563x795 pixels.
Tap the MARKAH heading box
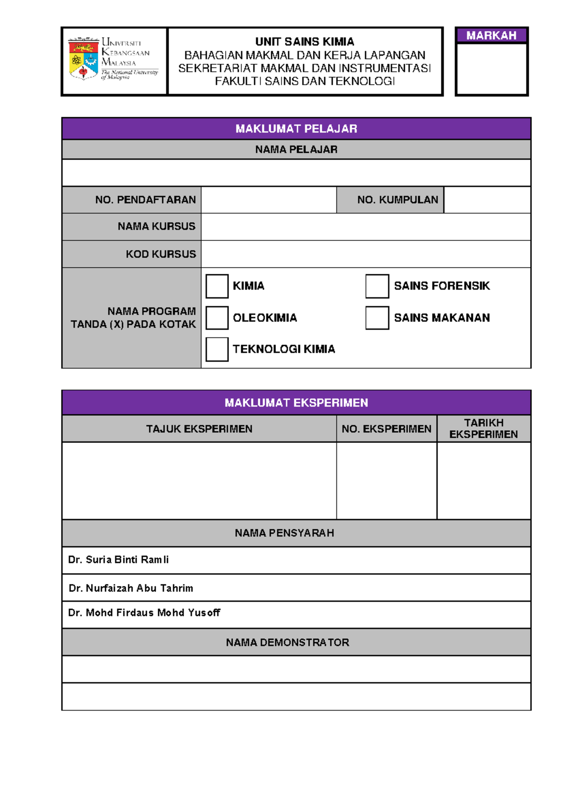click(491, 36)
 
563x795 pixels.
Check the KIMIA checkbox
click(217, 286)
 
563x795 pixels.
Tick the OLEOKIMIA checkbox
click(217, 318)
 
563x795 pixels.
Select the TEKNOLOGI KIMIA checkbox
click(217, 349)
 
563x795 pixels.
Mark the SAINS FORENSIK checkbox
click(377, 286)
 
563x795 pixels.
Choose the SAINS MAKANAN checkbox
click(377, 318)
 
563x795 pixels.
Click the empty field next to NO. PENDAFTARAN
click(268, 200)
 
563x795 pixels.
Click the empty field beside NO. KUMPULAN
click(487, 200)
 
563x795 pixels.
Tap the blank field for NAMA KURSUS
click(366, 227)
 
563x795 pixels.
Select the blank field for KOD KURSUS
click(366, 254)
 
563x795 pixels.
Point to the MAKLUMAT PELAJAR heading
click(296, 128)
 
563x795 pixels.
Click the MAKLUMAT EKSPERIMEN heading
click(296, 403)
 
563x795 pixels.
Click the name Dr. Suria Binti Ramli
click(118, 560)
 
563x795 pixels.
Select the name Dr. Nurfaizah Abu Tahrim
click(131, 588)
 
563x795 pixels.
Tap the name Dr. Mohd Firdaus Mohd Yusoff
click(144, 613)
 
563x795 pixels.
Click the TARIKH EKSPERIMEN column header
click(484, 428)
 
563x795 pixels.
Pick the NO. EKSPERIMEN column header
click(386, 429)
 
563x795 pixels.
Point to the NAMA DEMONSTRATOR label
click(287, 643)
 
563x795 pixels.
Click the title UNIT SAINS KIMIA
click(304, 42)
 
